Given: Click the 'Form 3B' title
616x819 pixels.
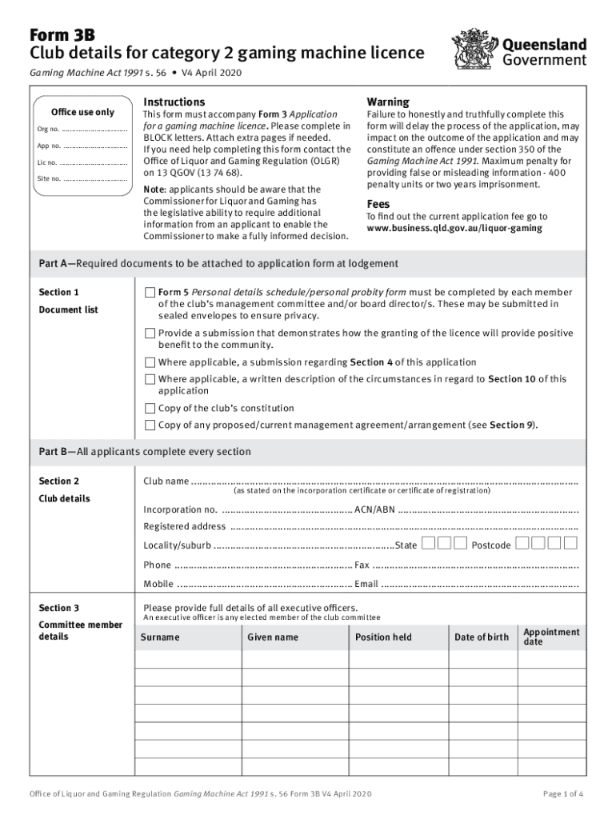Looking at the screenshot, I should pos(62,34).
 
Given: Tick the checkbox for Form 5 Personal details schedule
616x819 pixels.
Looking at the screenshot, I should pos(150,293).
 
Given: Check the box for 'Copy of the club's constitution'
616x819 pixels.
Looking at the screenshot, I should pos(150,408).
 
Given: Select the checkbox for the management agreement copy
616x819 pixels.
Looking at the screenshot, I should pos(150,425).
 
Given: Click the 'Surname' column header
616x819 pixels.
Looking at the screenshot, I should pos(160,637).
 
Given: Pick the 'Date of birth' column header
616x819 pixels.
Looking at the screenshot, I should pos(481,637).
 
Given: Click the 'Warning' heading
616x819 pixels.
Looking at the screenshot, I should pos(387,102).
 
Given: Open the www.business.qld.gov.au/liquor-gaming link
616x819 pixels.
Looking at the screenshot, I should pos(454,229).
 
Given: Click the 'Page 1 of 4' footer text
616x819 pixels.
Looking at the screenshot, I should pos(563,793).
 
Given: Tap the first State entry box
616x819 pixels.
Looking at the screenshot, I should pos(429,545).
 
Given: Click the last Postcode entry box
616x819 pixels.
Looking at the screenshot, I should pos(570,545).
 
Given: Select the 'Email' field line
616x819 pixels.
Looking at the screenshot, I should pos(480,584).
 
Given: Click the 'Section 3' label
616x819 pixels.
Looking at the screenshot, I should pos(59,608).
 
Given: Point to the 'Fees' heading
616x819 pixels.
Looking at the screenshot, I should pos(378,203).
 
